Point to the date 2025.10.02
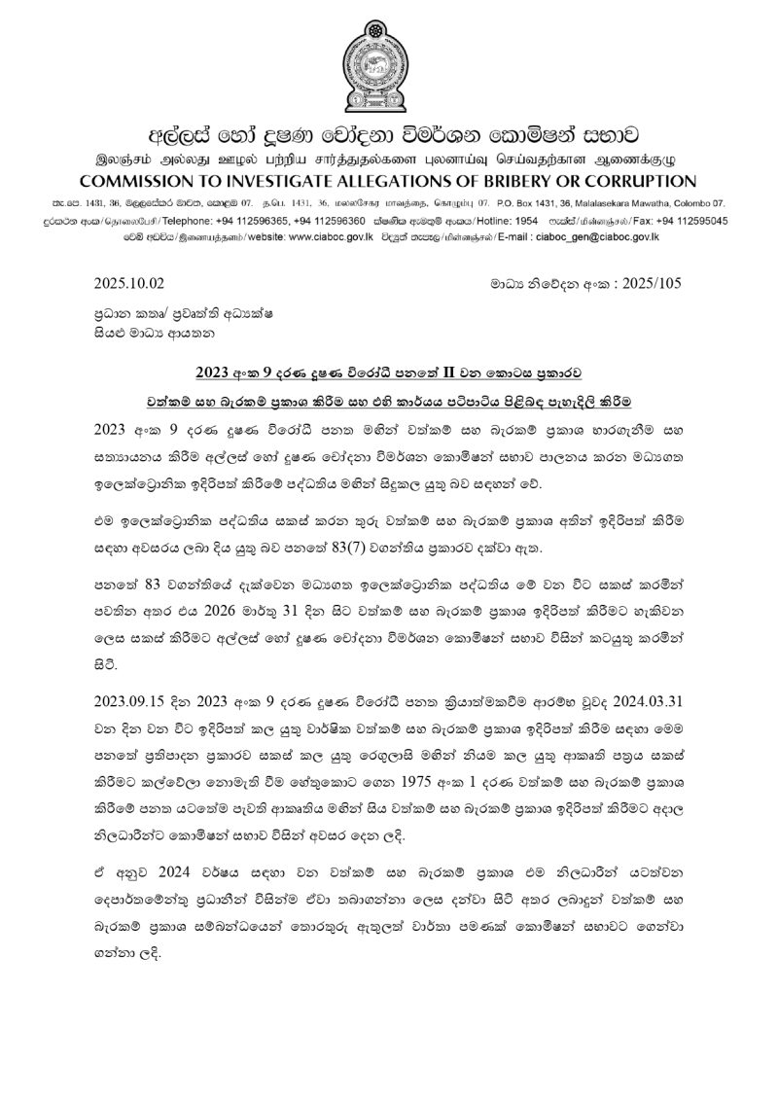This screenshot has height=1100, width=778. coord(130,283)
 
